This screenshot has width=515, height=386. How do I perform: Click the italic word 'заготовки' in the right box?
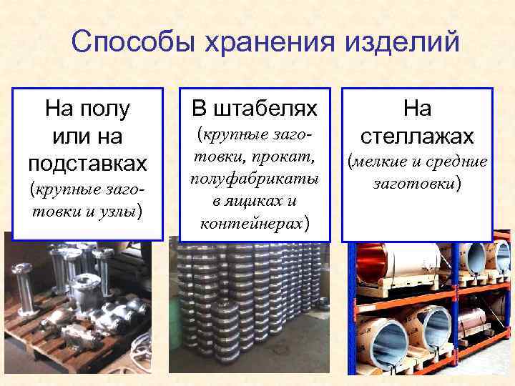pyautogui.click(x=414, y=184)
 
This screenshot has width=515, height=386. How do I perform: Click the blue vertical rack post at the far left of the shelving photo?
pyautogui.click(x=351, y=307)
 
